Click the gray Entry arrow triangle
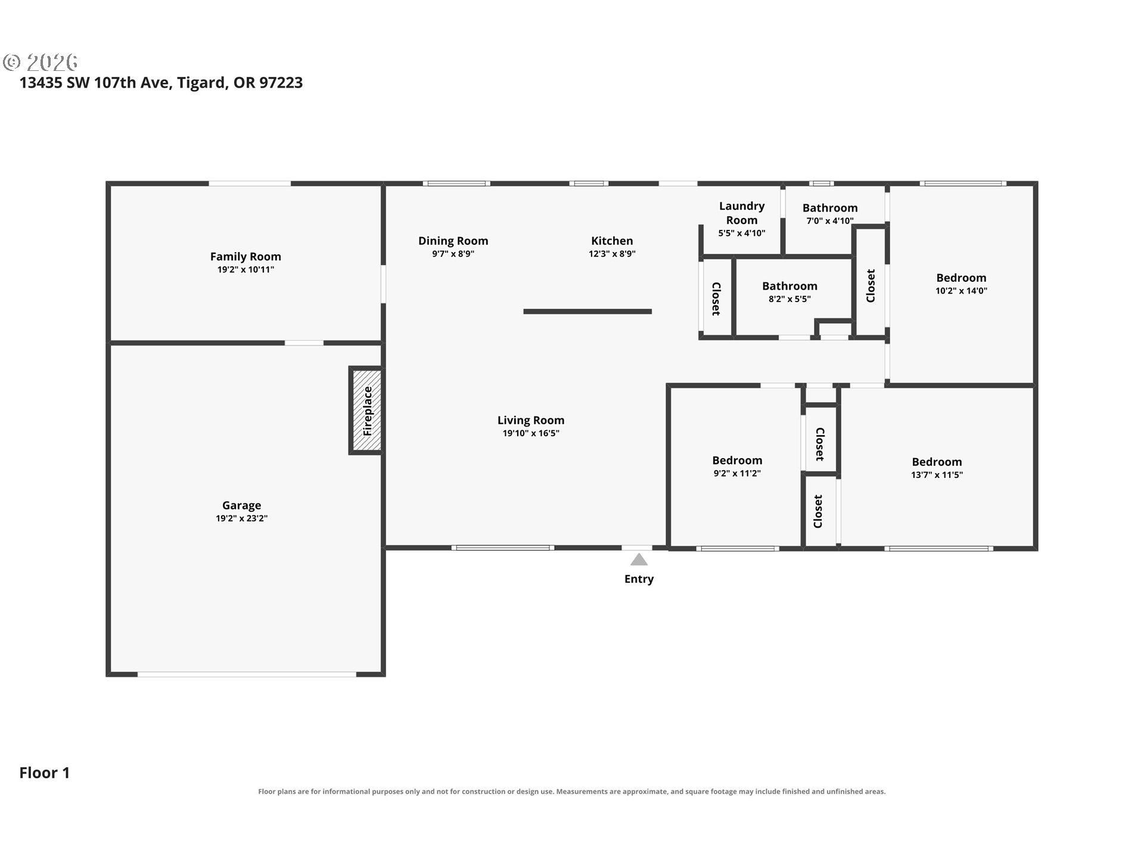coord(639,559)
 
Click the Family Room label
coord(245,256)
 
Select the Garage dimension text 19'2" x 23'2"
coord(242,518)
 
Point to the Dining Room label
coord(453,241)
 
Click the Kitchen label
coord(612,241)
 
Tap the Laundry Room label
coord(742,213)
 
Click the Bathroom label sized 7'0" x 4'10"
coord(830,207)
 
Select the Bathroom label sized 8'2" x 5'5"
coord(789,286)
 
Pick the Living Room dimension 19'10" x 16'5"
coord(531,433)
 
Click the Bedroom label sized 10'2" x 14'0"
coord(961,278)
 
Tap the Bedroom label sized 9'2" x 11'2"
coord(737,460)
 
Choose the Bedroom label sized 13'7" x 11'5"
coord(937,462)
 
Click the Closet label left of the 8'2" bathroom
coord(716,299)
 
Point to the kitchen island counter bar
coord(587,311)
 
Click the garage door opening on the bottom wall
coord(247,674)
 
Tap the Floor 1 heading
coord(45,772)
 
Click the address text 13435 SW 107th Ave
coord(96,82)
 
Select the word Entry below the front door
coord(639,579)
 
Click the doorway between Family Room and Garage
coord(304,343)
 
